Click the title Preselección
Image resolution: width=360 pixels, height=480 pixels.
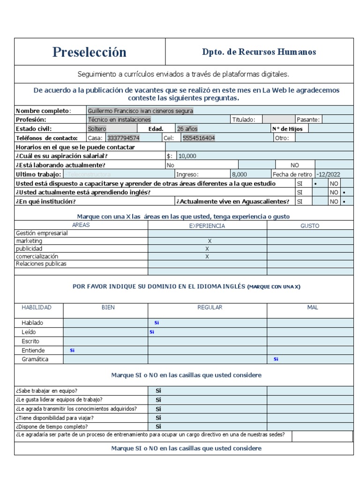tap(89, 52)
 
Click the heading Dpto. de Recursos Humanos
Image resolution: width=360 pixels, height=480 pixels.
tap(259, 52)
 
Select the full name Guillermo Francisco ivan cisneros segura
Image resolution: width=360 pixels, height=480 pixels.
tap(140, 111)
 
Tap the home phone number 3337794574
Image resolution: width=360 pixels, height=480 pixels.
tap(123, 138)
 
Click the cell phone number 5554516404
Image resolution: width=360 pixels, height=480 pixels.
tap(199, 138)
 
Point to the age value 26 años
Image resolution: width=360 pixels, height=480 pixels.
tap(187, 128)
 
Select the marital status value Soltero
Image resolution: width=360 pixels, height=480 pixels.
tap(97, 128)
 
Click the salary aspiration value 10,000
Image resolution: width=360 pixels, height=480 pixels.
tap(187, 156)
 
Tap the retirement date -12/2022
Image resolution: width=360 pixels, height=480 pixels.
tap(329, 174)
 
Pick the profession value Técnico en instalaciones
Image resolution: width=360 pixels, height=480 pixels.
tap(120, 120)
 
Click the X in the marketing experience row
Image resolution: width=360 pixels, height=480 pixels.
tap(210, 241)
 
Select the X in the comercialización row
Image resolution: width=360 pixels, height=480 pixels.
tap(207, 256)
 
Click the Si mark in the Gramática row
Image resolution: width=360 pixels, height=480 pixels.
tap(276, 360)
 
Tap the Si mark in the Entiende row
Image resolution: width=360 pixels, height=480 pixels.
tap(72, 350)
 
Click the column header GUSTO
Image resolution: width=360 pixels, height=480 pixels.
tap(310, 226)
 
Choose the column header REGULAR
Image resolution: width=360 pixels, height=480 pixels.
tap(210, 307)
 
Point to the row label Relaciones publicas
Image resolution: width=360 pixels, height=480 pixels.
tap(41, 264)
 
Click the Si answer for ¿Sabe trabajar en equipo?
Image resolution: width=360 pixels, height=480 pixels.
tap(158, 390)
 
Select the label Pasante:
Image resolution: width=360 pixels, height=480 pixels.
tap(308, 120)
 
